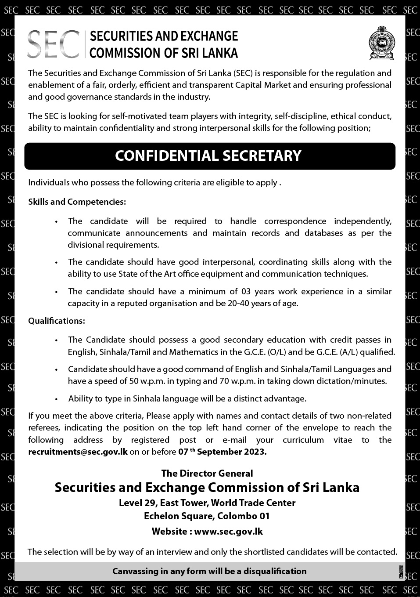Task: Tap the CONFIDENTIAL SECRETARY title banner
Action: pos(209,156)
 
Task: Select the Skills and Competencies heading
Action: pos(77,202)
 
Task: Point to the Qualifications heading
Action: pos(57,321)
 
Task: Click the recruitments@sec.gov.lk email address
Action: pos(78,452)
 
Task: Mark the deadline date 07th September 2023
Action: pos(222,452)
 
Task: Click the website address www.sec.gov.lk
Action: pos(228,531)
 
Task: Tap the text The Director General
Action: pos(207,473)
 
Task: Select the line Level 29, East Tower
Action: pos(207,503)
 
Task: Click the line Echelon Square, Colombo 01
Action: pos(207,516)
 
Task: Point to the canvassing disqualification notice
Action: pos(209,571)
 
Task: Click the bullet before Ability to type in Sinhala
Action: pos(56,399)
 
